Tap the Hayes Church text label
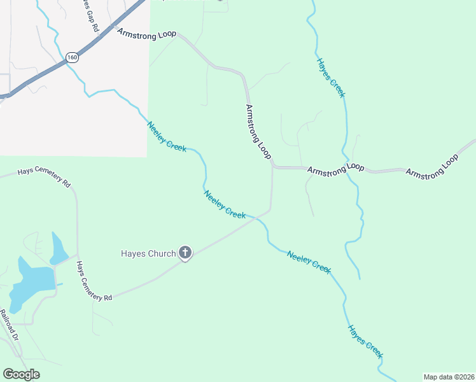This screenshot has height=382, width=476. click(x=148, y=253)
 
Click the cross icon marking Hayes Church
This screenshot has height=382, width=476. click(x=185, y=253)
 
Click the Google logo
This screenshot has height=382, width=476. click(x=21, y=374)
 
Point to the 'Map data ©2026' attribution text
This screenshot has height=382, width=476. click(x=449, y=377)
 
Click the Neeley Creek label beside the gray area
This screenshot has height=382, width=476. click(x=167, y=136)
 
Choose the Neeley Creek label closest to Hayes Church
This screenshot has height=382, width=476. click(x=225, y=204)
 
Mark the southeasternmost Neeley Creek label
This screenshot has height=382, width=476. click(x=309, y=262)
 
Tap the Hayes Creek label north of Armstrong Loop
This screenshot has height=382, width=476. click(x=331, y=78)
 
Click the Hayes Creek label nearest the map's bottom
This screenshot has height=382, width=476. click(x=365, y=344)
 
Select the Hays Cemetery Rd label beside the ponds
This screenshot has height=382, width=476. click(x=94, y=281)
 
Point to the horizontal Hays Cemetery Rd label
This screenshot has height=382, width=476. click(x=43, y=176)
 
